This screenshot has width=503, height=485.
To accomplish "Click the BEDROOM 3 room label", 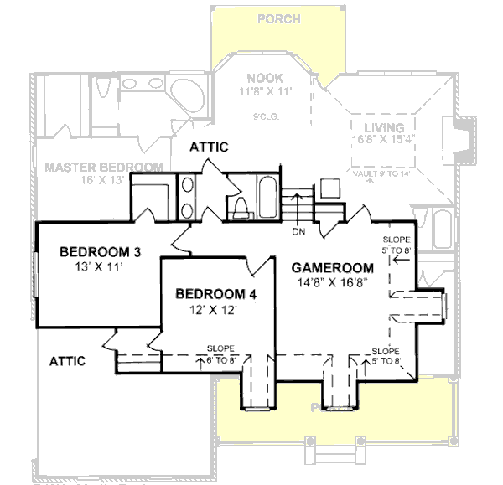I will coord(99,252).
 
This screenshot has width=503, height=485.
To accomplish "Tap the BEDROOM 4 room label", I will coord(215,294).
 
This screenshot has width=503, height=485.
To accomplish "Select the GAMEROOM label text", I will coord(333,268).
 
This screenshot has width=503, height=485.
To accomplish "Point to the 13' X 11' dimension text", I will coord(99,267).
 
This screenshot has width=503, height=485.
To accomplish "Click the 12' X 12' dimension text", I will coord(215,309).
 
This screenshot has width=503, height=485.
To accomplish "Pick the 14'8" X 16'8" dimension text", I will coord(333,283).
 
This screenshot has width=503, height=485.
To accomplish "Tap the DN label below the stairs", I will coord(298,230).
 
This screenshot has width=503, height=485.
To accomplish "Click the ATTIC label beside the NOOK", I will coord(209,147).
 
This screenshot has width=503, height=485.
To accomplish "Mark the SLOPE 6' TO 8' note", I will coord(220,354).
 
